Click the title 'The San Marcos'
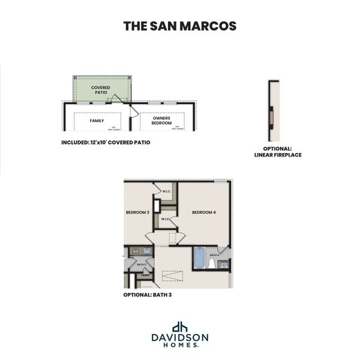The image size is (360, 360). click(179, 26)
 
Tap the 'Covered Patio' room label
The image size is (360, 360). click(101, 90)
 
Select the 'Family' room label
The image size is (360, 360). click(97, 121)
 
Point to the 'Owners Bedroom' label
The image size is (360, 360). click(162, 121)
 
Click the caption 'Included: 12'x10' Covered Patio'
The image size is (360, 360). click(106, 143)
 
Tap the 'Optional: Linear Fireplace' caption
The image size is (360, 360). click(277, 152)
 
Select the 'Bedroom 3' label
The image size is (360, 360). click(137, 212)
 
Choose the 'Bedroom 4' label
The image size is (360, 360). click(203, 212)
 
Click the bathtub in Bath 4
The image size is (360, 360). click(199, 257)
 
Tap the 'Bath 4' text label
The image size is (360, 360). click(213, 255)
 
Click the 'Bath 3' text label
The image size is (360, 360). click(142, 264)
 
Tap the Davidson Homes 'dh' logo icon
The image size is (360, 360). click(179, 327)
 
